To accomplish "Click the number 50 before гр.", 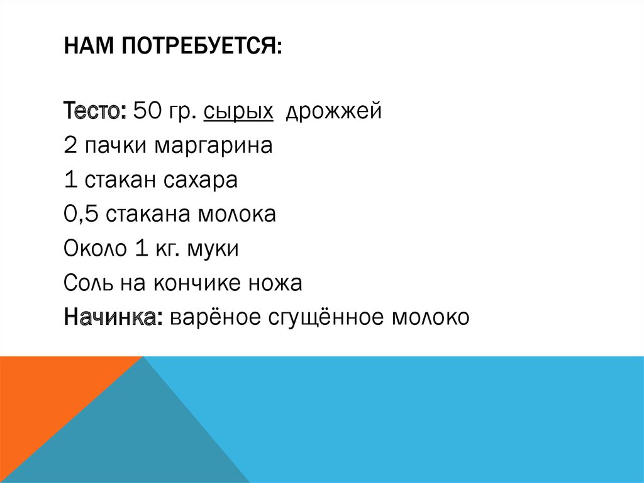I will coord(147,113).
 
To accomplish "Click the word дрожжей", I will coord(334,114).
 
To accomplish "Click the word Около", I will coord(94,249).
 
